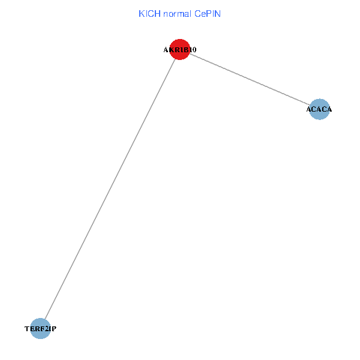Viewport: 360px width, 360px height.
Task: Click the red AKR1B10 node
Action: click(x=180, y=49)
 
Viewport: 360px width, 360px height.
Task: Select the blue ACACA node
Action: click(x=319, y=109)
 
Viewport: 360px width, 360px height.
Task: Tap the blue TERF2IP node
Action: click(x=40, y=329)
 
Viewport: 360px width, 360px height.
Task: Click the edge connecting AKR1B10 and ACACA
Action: click(x=250, y=79)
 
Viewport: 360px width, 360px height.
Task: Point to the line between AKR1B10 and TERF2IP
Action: click(x=110, y=189)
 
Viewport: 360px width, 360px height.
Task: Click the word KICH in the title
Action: click(x=149, y=14)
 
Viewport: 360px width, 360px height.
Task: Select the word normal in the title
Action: click(x=177, y=14)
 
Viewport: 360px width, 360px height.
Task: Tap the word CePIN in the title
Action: click(x=208, y=14)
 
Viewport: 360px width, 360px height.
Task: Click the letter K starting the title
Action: click(x=142, y=14)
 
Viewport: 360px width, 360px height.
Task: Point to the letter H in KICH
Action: click(x=157, y=14)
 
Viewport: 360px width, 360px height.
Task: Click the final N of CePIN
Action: click(x=218, y=14)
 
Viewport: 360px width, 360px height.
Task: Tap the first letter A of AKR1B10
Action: click(x=166, y=50)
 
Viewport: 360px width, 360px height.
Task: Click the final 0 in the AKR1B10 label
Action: click(x=194, y=50)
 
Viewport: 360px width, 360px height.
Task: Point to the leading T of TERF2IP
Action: click(x=27, y=329)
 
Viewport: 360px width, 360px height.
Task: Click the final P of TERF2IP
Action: click(x=54, y=329)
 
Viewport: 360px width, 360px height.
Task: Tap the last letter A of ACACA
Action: click(x=329, y=109)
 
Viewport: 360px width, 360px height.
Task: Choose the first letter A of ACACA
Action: click(x=309, y=109)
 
